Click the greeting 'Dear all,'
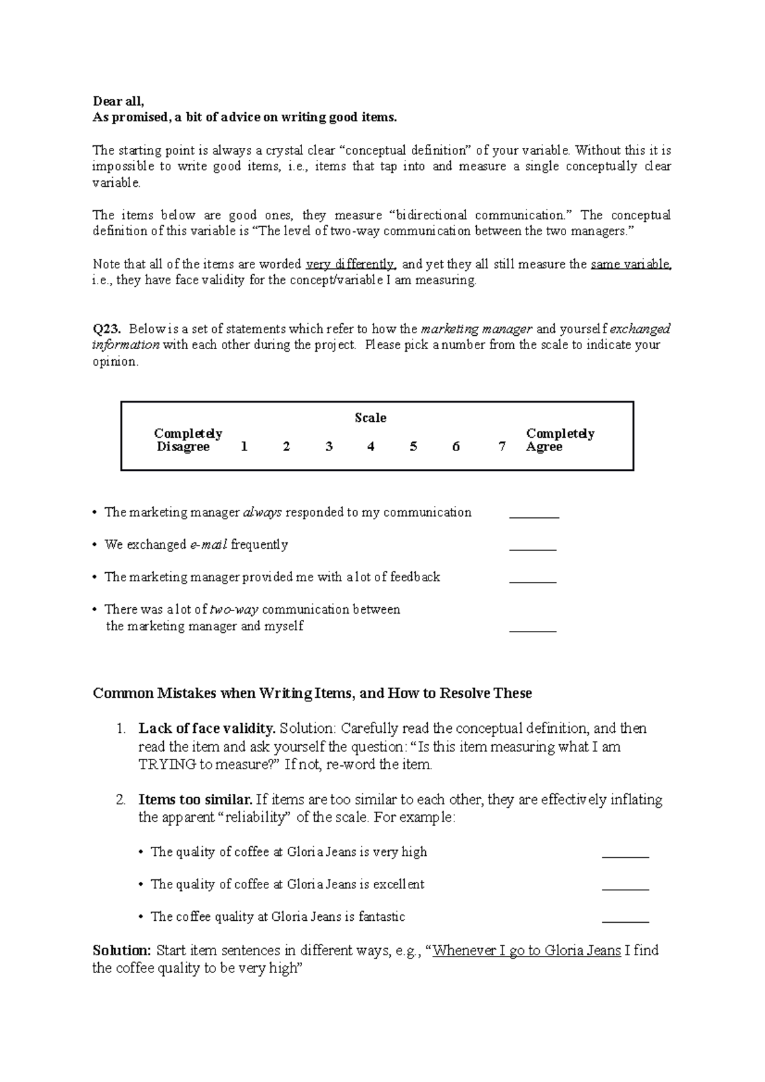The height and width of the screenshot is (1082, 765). (119, 101)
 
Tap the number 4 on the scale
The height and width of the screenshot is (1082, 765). (370, 447)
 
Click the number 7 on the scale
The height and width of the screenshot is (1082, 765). (502, 447)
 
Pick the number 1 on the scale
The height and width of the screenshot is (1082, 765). (244, 447)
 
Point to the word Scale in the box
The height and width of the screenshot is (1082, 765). (370, 418)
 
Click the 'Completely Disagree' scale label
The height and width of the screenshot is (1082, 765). (186, 440)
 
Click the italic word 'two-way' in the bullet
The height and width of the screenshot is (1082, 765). (234, 610)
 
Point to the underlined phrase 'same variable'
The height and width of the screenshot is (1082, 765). (630, 264)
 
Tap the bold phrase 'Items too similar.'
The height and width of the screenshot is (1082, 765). (195, 800)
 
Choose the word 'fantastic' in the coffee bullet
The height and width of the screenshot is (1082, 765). (381, 917)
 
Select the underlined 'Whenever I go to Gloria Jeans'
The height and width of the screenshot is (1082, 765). (527, 951)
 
